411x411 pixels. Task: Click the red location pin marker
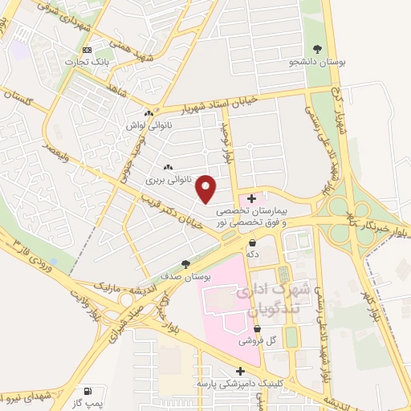(x=207, y=189)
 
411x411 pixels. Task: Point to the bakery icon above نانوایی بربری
(x=168, y=168)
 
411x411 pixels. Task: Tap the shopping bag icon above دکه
(x=252, y=242)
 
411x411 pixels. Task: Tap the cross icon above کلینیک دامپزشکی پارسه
(x=238, y=371)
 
